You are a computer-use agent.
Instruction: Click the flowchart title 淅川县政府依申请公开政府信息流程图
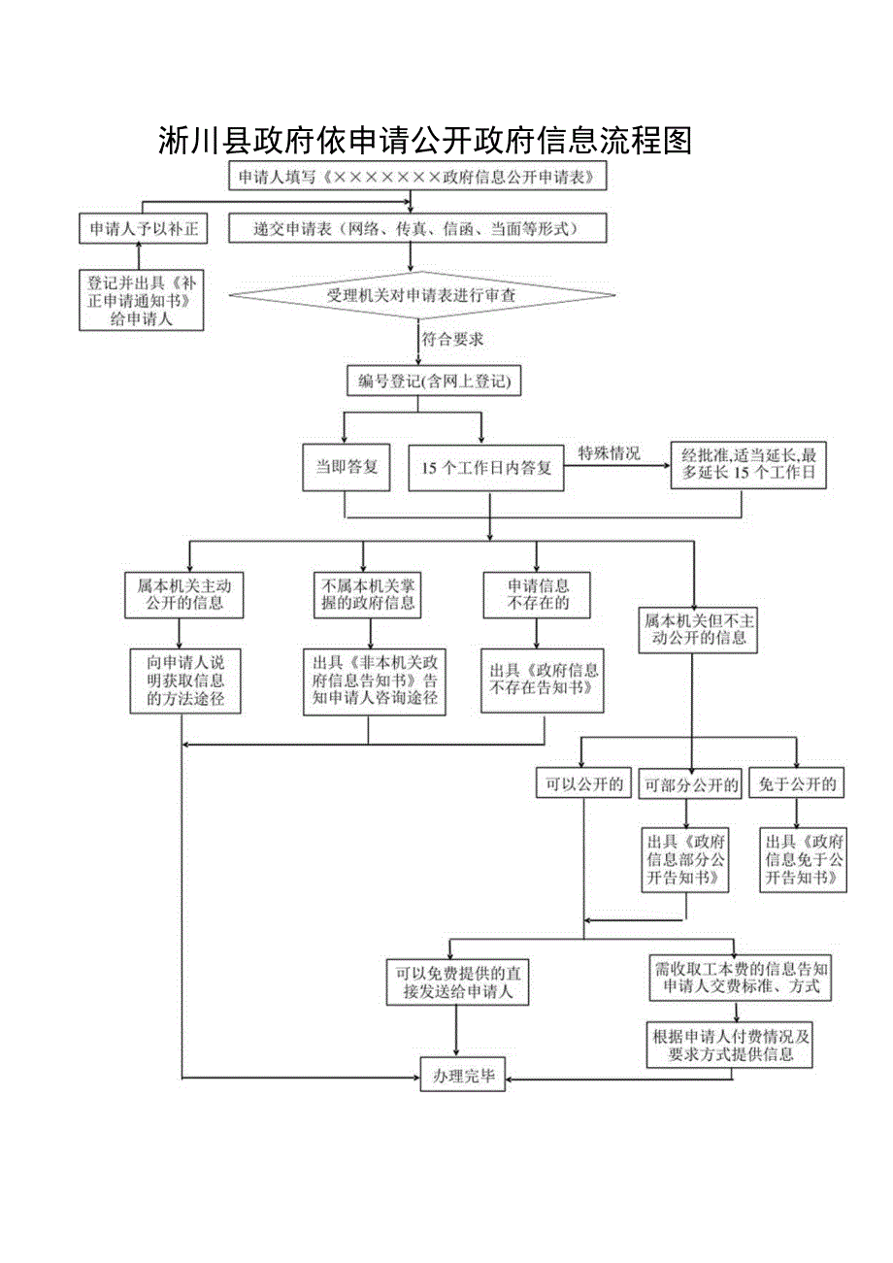click(x=424, y=142)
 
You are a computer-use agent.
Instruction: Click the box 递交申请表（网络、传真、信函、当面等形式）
click(x=417, y=229)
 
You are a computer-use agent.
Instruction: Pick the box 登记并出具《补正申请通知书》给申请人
click(x=142, y=300)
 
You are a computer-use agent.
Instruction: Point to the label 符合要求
click(x=452, y=340)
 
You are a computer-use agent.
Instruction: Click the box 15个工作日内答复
click(x=486, y=468)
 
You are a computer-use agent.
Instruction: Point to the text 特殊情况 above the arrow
click(x=610, y=452)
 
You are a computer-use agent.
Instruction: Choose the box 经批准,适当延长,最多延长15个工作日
click(x=747, y=466)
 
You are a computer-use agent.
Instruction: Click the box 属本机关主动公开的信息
click(x=183, y=594)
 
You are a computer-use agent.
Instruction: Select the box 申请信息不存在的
click(x=539, y=594)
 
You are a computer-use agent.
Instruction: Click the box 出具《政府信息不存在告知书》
click(x=544, y=679)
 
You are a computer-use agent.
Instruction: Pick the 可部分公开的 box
click(x=690, y=784)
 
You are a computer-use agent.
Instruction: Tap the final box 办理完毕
click(x=463, y=1076)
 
